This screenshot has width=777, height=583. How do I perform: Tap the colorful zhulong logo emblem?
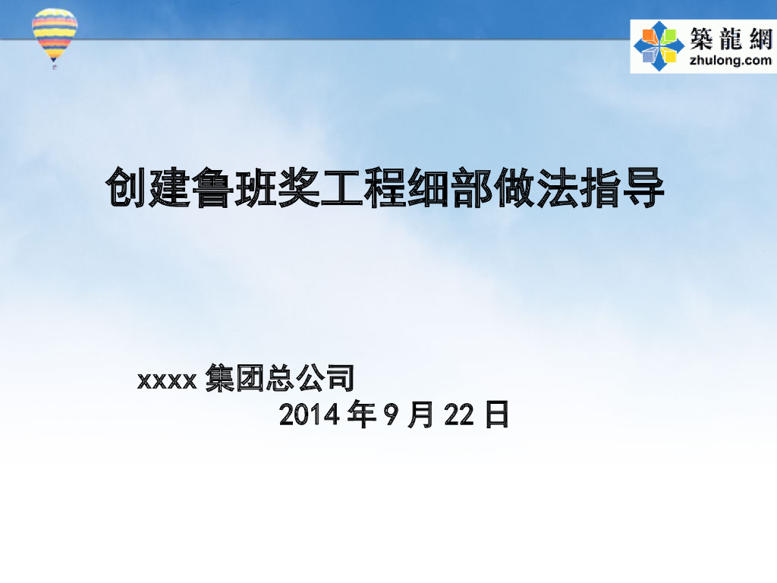[x=659, y=46]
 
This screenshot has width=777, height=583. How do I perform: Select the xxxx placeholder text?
[x=168, y=380]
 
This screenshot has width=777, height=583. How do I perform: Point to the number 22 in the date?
[x=459, y=416]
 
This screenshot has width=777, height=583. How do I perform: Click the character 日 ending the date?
[x=496, y=415]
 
